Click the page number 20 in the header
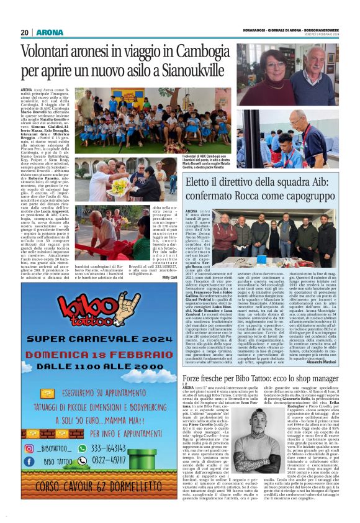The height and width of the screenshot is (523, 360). point(24,32)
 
